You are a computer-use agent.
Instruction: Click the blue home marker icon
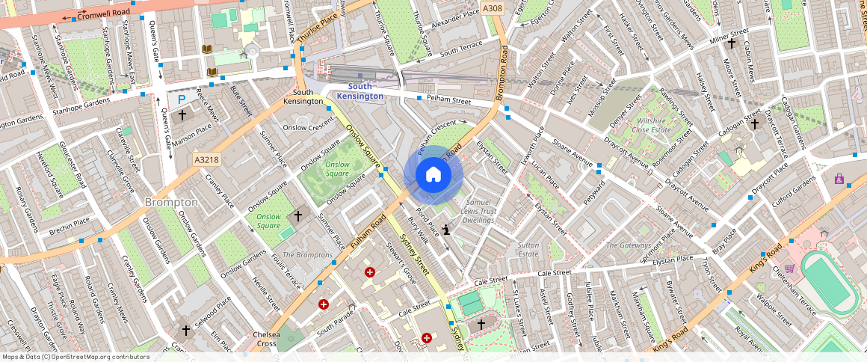[x=433, y=175]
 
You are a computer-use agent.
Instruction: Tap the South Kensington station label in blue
[x=360, y=91]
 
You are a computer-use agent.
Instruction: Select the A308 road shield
[x=492, y=8]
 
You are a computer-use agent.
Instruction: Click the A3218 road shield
[x=206, y=159]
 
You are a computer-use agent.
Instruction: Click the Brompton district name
[x=171, y=203]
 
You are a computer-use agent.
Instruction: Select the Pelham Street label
[x=448, y=99]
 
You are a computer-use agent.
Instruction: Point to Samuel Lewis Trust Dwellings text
[x=480, y=212]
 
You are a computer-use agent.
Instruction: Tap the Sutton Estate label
[x=528, y=249]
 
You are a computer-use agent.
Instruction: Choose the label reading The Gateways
[x=628, y=245]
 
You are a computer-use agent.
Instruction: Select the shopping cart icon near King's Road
[x=789, y=269]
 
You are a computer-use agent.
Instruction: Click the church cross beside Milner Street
[x=732, y=44]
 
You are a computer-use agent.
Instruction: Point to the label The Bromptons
[x=308, y=255]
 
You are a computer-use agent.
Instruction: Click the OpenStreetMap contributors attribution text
[x=75, y=357]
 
